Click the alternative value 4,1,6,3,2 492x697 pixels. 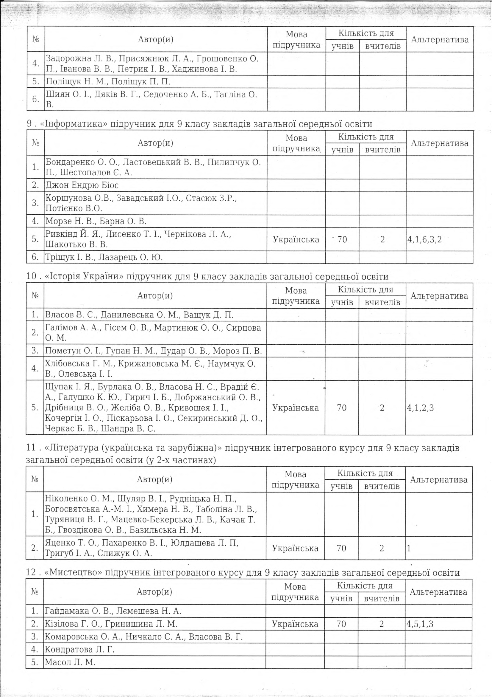click(424, 239)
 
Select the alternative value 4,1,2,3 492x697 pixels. click(421, 408)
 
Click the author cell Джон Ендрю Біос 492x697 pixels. click(82, 185)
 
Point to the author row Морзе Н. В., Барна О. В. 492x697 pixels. click(96, 221)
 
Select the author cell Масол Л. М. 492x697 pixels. click(70, 662)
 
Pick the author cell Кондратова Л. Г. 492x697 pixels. click(79, 649)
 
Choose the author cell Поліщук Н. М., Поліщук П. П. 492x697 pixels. click(108, 82)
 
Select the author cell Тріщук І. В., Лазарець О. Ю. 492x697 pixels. click(104, 258)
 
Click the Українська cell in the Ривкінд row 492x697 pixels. click(296, 239)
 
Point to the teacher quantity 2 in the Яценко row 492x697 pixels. click(382, 548)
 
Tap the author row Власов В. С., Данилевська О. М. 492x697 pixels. click(139, 315)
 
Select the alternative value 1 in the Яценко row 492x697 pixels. click(409, 548)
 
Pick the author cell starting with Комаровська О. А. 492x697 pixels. click(144, 636)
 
